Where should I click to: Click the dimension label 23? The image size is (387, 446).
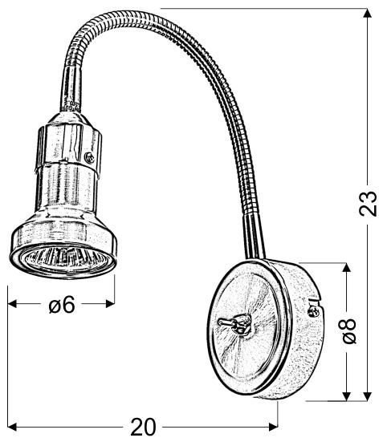coord(368,203)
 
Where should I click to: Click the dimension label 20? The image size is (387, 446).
coord(143,427)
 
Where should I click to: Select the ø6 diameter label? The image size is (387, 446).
coord(62,304)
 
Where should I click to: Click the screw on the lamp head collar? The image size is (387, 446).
coord(90,157)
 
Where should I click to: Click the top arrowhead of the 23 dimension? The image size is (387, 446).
coord(368,14)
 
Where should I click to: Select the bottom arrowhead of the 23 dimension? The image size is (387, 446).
coord(368,396)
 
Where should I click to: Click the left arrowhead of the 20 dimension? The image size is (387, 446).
coord(13,427)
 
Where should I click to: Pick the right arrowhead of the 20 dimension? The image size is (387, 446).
coord(273,427)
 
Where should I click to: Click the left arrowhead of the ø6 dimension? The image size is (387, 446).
coord(13,304)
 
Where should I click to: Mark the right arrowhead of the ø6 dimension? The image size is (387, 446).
coord(110,304)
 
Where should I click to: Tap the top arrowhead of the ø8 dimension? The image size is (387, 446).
coord(346,268)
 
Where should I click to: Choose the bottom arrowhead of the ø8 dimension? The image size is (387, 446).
coord(346,396)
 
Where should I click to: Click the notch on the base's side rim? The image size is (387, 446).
coord(315,298)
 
